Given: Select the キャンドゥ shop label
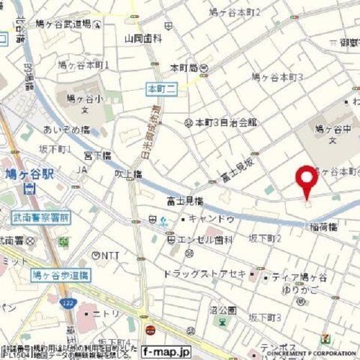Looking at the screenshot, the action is click(x=211, y=219).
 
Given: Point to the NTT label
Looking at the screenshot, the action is click(x=109, y=255).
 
